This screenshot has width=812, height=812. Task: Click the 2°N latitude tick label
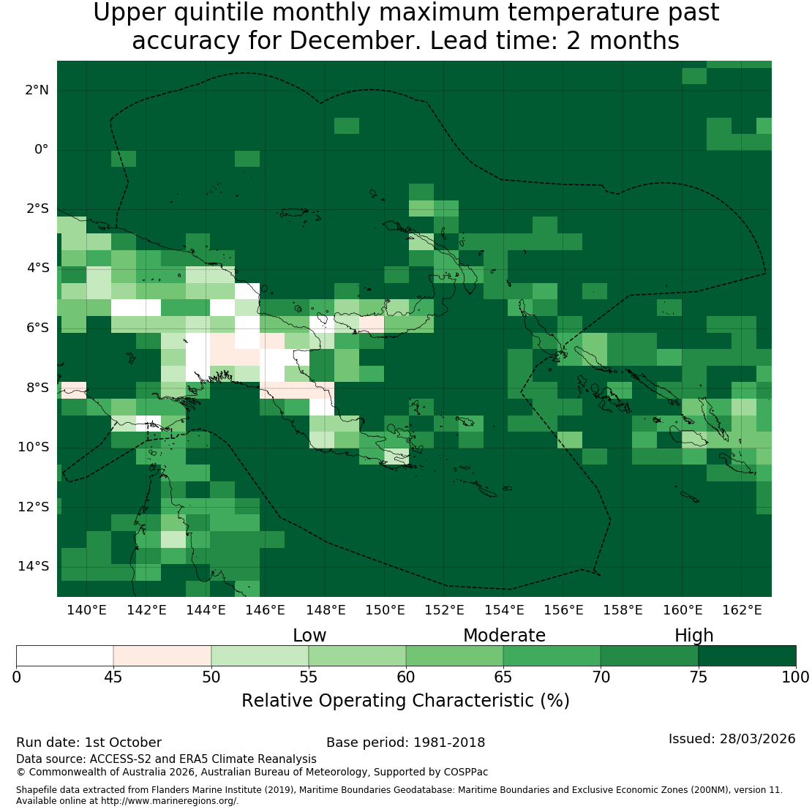pos(37,90)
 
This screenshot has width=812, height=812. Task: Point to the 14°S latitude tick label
pos(34,566)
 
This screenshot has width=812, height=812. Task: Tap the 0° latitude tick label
pos(42,150)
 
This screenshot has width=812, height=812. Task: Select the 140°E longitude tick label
pos(86,610)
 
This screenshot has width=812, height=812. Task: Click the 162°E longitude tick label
pos(742,610)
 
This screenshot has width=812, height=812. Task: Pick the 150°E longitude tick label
pos(385,610)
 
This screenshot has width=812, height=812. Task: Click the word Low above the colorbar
pos(309,636)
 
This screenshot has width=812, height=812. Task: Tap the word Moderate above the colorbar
pos(505,636)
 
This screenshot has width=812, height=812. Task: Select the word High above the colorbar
pos(694,636)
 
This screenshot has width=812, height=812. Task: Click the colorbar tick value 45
pos(113,677)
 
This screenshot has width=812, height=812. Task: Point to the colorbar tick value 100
pos(795,677)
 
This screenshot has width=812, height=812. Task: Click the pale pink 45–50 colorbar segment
pos(162,655)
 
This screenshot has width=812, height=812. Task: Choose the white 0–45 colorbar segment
pos(64,655)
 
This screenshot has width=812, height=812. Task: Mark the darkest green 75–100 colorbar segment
pos(748,655)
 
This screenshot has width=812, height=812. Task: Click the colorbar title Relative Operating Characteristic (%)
pos(405,701)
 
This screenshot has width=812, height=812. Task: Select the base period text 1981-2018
pos(449,743)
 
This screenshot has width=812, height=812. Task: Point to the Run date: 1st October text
pos(89,743)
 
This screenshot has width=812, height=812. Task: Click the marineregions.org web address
pos(169,800)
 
